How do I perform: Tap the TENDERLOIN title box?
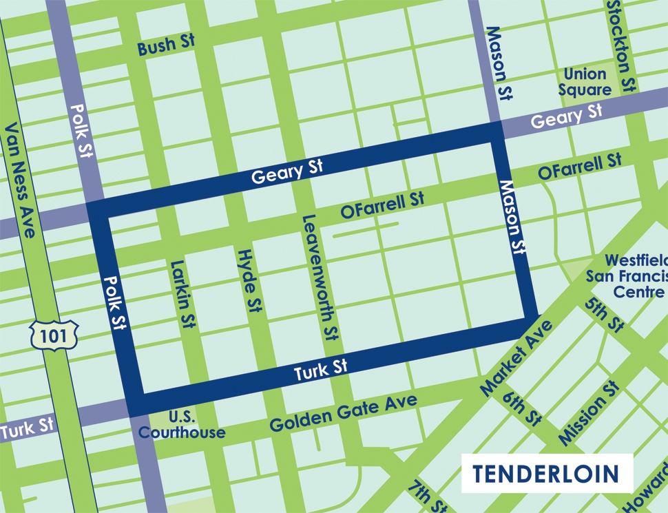(x=547, y=473)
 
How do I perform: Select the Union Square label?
(x=587, y=81)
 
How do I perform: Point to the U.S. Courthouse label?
(x=181, y=426)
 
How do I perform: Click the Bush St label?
(x=166, y=45)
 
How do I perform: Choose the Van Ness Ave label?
(x=19, y=180)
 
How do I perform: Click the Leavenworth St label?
(x=319, y=277)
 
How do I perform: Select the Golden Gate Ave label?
(x=343, y=412)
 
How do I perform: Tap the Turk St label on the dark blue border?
(x=321, y=370)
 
